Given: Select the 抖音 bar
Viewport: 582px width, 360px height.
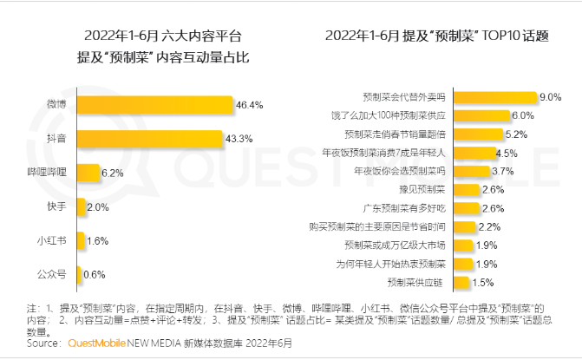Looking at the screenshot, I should tap(149, 139).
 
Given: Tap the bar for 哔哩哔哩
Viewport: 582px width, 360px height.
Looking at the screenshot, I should tap(88, 173).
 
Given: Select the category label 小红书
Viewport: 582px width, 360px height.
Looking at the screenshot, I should tap(54, 240).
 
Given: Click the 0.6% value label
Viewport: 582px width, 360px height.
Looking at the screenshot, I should tap(95, 274).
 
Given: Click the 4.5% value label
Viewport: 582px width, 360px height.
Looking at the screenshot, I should tap(507, 153).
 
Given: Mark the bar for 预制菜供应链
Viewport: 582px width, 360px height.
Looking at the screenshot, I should tap(460, 283).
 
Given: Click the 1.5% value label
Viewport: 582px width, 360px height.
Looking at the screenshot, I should tap(484, 283).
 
